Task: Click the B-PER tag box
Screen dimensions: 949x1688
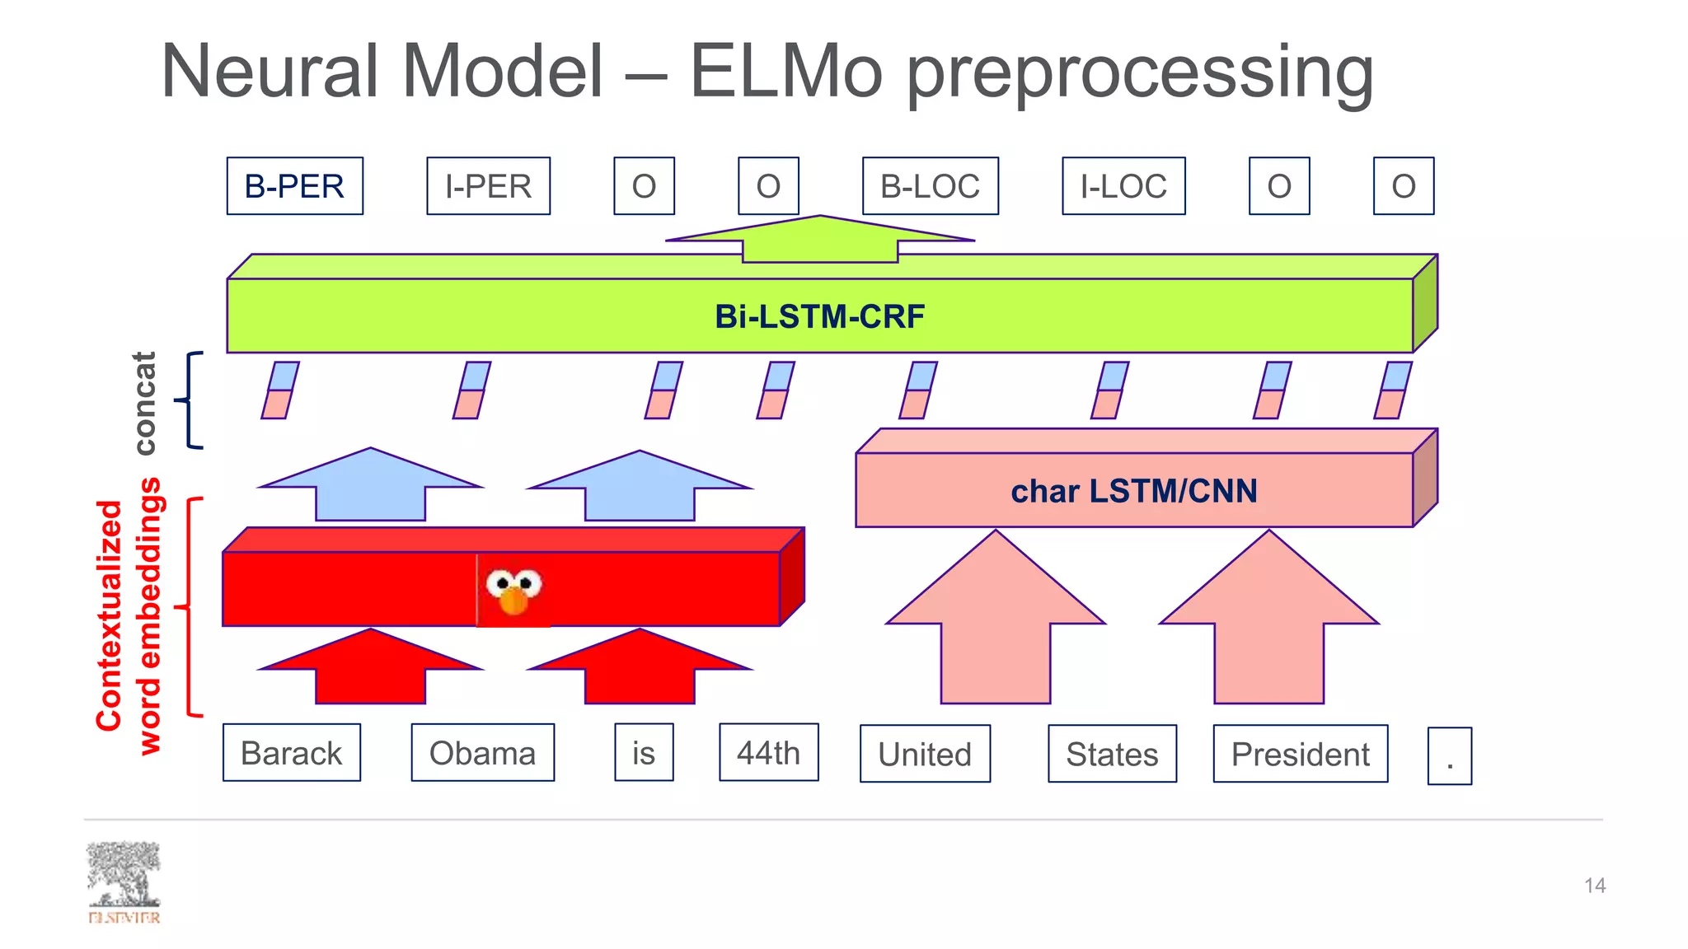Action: click(x=294, y=186)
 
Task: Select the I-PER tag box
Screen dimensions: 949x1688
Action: click(x=488, y=186)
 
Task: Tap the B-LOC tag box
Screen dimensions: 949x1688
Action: click(x=930, y=186)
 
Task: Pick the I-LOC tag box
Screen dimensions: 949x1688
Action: click(x=1123, y=186)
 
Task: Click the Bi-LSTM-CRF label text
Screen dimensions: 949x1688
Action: click(x=819, y=316)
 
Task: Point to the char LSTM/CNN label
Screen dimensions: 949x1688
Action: click(x=1134, y=491)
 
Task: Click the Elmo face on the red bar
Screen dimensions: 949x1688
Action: click(x=513, y=590)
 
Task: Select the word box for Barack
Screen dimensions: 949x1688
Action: click(x=291, y=753)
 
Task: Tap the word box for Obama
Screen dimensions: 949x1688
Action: click(x=482, y=753)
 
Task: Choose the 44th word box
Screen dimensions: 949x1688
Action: click(x=768, y=752)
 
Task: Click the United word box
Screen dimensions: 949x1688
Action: click(x=925, y=754)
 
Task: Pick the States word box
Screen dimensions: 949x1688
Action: click(x=1112, y=754)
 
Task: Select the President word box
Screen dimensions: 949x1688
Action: click(x=1300, y=754)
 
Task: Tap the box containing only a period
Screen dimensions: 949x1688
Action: click(x=1449, y=756)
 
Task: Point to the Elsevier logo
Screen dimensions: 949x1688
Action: click(x=124, y=882)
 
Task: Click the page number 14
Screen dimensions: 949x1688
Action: click(x=1594, y=886)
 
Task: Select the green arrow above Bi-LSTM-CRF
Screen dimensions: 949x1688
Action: click(x=819, y=240)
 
